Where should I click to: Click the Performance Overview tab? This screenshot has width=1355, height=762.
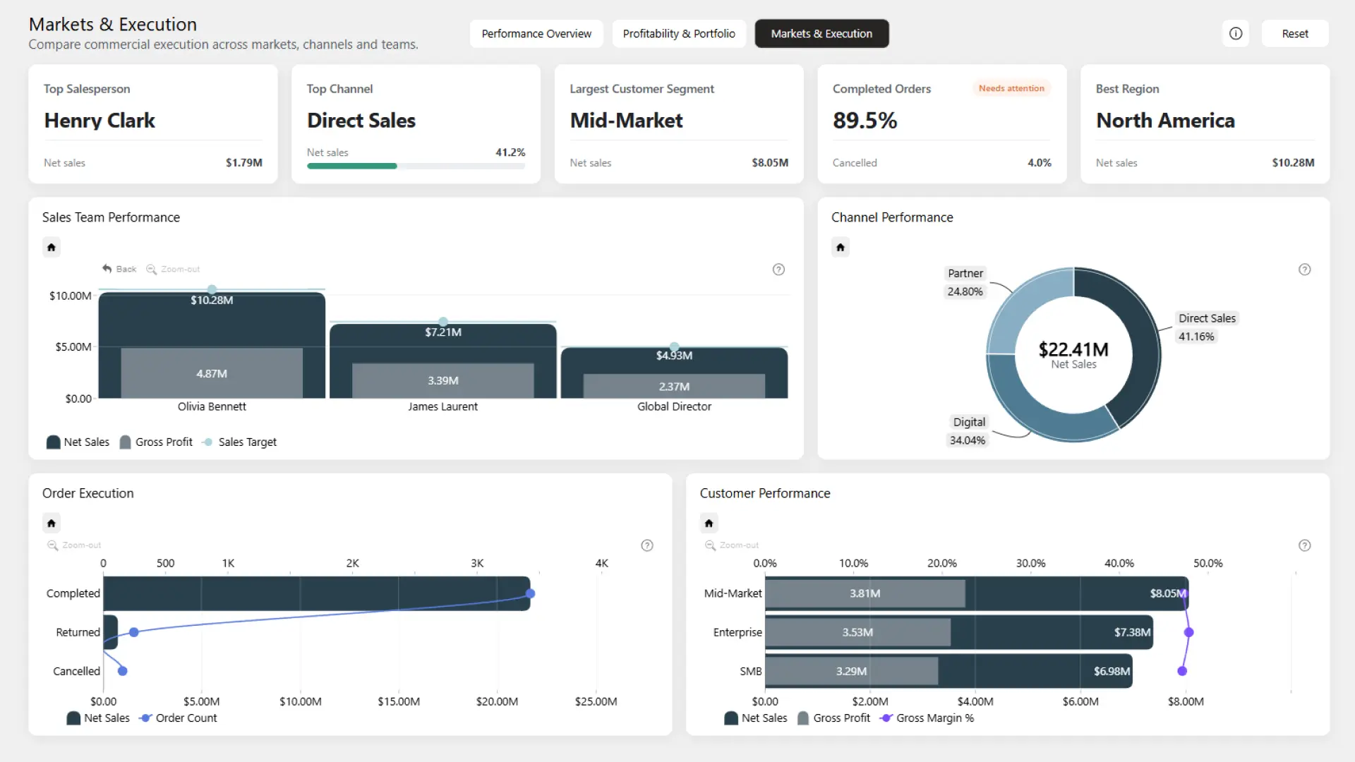pos(536,34)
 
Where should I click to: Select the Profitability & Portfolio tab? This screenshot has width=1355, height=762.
pos(679,34)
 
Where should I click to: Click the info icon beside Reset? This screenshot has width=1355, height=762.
pos(1236,34)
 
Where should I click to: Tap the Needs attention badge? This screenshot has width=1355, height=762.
pos(1011,88)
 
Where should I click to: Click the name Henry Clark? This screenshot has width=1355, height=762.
pos(100,121)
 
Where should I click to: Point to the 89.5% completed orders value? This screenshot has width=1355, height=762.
pos(865,121)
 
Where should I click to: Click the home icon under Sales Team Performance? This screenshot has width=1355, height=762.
pos(52,247)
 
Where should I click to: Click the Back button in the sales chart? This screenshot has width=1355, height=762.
pos(119,269)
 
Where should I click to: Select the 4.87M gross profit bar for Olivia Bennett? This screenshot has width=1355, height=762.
pos(212,373)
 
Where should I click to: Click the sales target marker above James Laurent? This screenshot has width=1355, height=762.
pos(443,322)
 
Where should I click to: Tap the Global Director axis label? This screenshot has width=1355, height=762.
pos(674,406)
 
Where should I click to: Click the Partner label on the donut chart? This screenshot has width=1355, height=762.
pos(965,273)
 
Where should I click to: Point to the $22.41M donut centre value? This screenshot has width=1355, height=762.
pos(1073,349)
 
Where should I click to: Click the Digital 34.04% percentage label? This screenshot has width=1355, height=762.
pos(967,440)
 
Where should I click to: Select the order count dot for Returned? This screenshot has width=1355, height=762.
pos(134,632)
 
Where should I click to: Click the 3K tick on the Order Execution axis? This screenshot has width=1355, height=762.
pos(477,563)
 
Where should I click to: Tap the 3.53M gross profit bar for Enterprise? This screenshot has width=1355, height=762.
pos(857,632)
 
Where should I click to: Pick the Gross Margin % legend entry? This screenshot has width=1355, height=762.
pos(927,718)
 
